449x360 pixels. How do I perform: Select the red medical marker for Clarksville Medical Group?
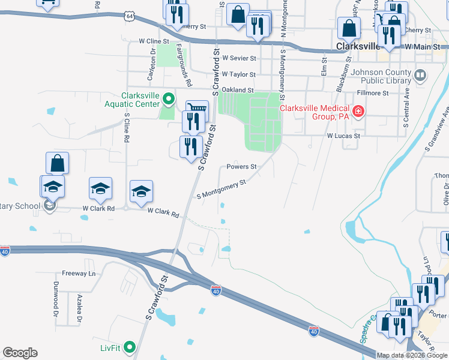coord(358,112)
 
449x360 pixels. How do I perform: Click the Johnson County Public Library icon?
coord(420,76)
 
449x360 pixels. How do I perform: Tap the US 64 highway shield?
coord(130,17)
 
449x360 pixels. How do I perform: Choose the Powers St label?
coord(241,167)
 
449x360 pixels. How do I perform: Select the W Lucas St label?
coord(343,136)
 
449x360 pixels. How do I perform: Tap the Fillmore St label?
coord(373,93)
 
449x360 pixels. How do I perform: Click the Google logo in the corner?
coord(20,353)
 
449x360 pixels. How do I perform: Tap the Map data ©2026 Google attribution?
coord(412,355)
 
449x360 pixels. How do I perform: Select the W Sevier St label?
coord(239,58)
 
